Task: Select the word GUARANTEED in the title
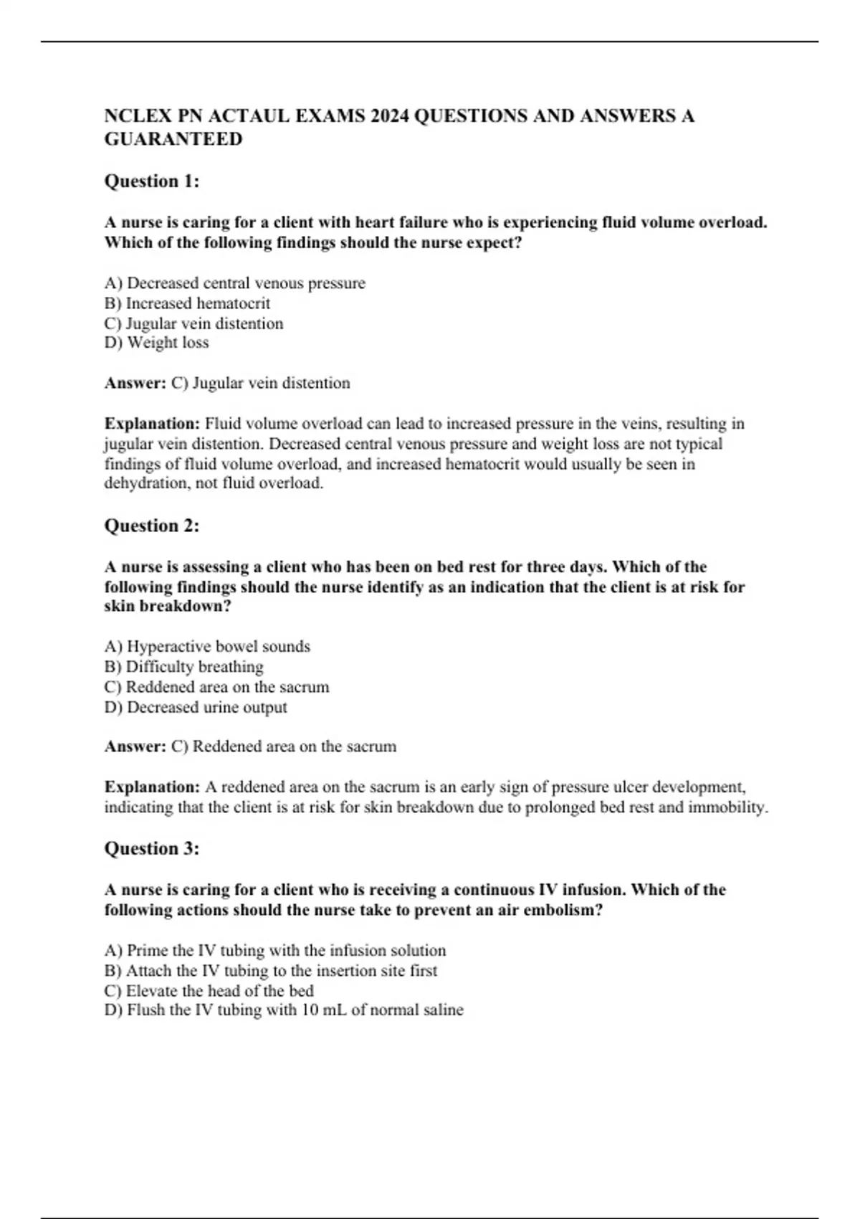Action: [173, 139]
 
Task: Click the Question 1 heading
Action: [152, 181]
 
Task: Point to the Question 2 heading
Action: [152, 526]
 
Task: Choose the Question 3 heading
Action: [152, 849]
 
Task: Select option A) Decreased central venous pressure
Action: [235, 283]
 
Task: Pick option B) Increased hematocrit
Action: [188, 303]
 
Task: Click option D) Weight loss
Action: [157, 343]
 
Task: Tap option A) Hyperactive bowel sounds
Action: [208, 647]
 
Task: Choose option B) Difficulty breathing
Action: [184, 667]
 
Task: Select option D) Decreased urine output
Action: [196, 707]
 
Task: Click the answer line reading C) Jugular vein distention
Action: [261, 383]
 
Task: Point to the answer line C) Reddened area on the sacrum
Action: [284, 746]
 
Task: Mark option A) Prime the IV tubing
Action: [275, 951]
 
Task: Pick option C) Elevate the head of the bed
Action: [209, 991]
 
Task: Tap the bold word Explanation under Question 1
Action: [152, 424]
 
